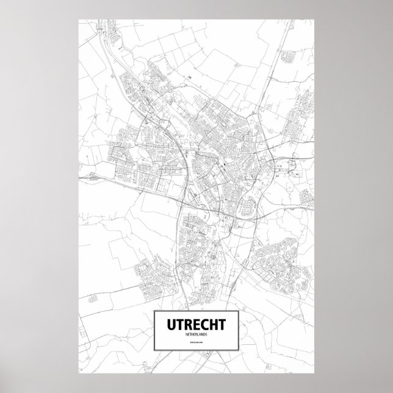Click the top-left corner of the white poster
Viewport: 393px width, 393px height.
(79, 20)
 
